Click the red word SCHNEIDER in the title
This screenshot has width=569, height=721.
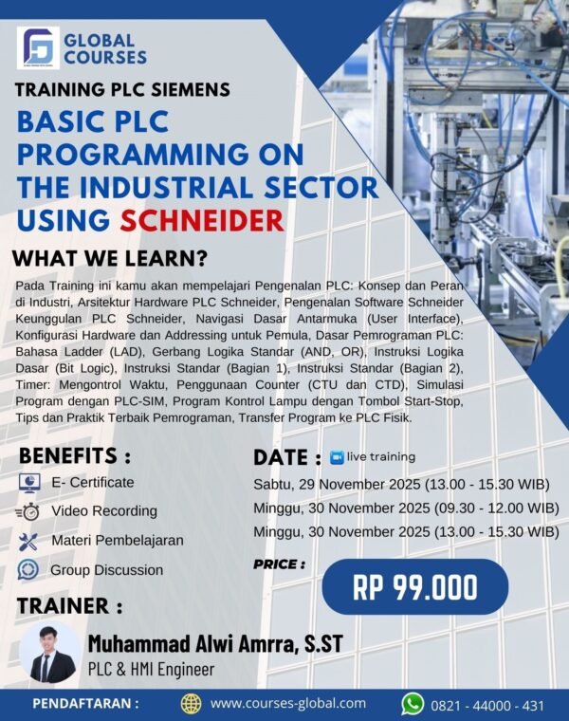(202, 220)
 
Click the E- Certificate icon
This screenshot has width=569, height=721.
(29, 483)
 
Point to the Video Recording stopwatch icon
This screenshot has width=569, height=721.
(28, 511)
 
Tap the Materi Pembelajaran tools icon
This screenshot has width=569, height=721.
(29, 541)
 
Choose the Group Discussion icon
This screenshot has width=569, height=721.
(29, 570)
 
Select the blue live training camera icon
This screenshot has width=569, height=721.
(336, 457)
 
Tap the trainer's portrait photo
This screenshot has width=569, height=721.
(48, 654)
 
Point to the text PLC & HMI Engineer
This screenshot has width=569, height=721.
(151, 670)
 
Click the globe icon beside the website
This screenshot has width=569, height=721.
(192, 703)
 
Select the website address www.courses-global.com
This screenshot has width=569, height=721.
(287, 703)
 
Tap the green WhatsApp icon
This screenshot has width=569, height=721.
(413, 703)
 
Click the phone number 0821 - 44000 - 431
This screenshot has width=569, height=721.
(487, 704)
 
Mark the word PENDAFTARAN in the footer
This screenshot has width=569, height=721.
(86, 704)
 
